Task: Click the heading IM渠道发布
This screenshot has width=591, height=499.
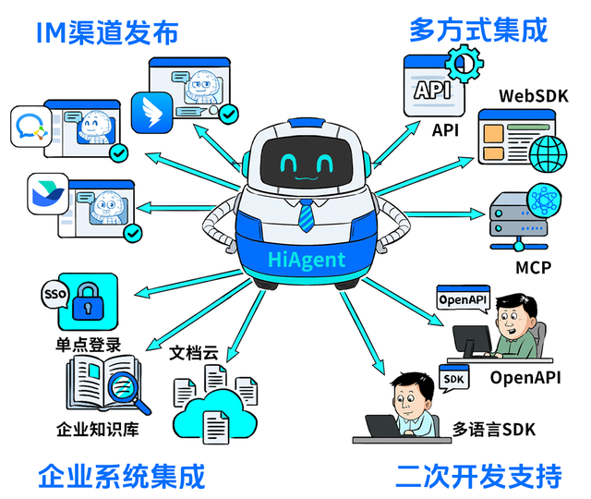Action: pyautogui.click(x=106, y=33)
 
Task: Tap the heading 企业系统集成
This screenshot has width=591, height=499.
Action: pyautogui.click(x=121, y=477)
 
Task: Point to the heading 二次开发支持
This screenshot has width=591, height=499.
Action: pyautogui.click(x=478, y=477)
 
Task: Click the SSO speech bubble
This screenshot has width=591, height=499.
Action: pyautogui.click(x=51, y=295)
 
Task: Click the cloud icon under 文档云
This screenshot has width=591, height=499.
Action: pyautogui.click(x=217, y=413)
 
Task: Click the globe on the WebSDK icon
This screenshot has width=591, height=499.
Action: pyautogui.click(x=551, y=151)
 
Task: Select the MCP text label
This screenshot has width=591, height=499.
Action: pyautogui.click(x=535, y=268)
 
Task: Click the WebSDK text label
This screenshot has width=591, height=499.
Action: pyautogui.click(x=534, y=96)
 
